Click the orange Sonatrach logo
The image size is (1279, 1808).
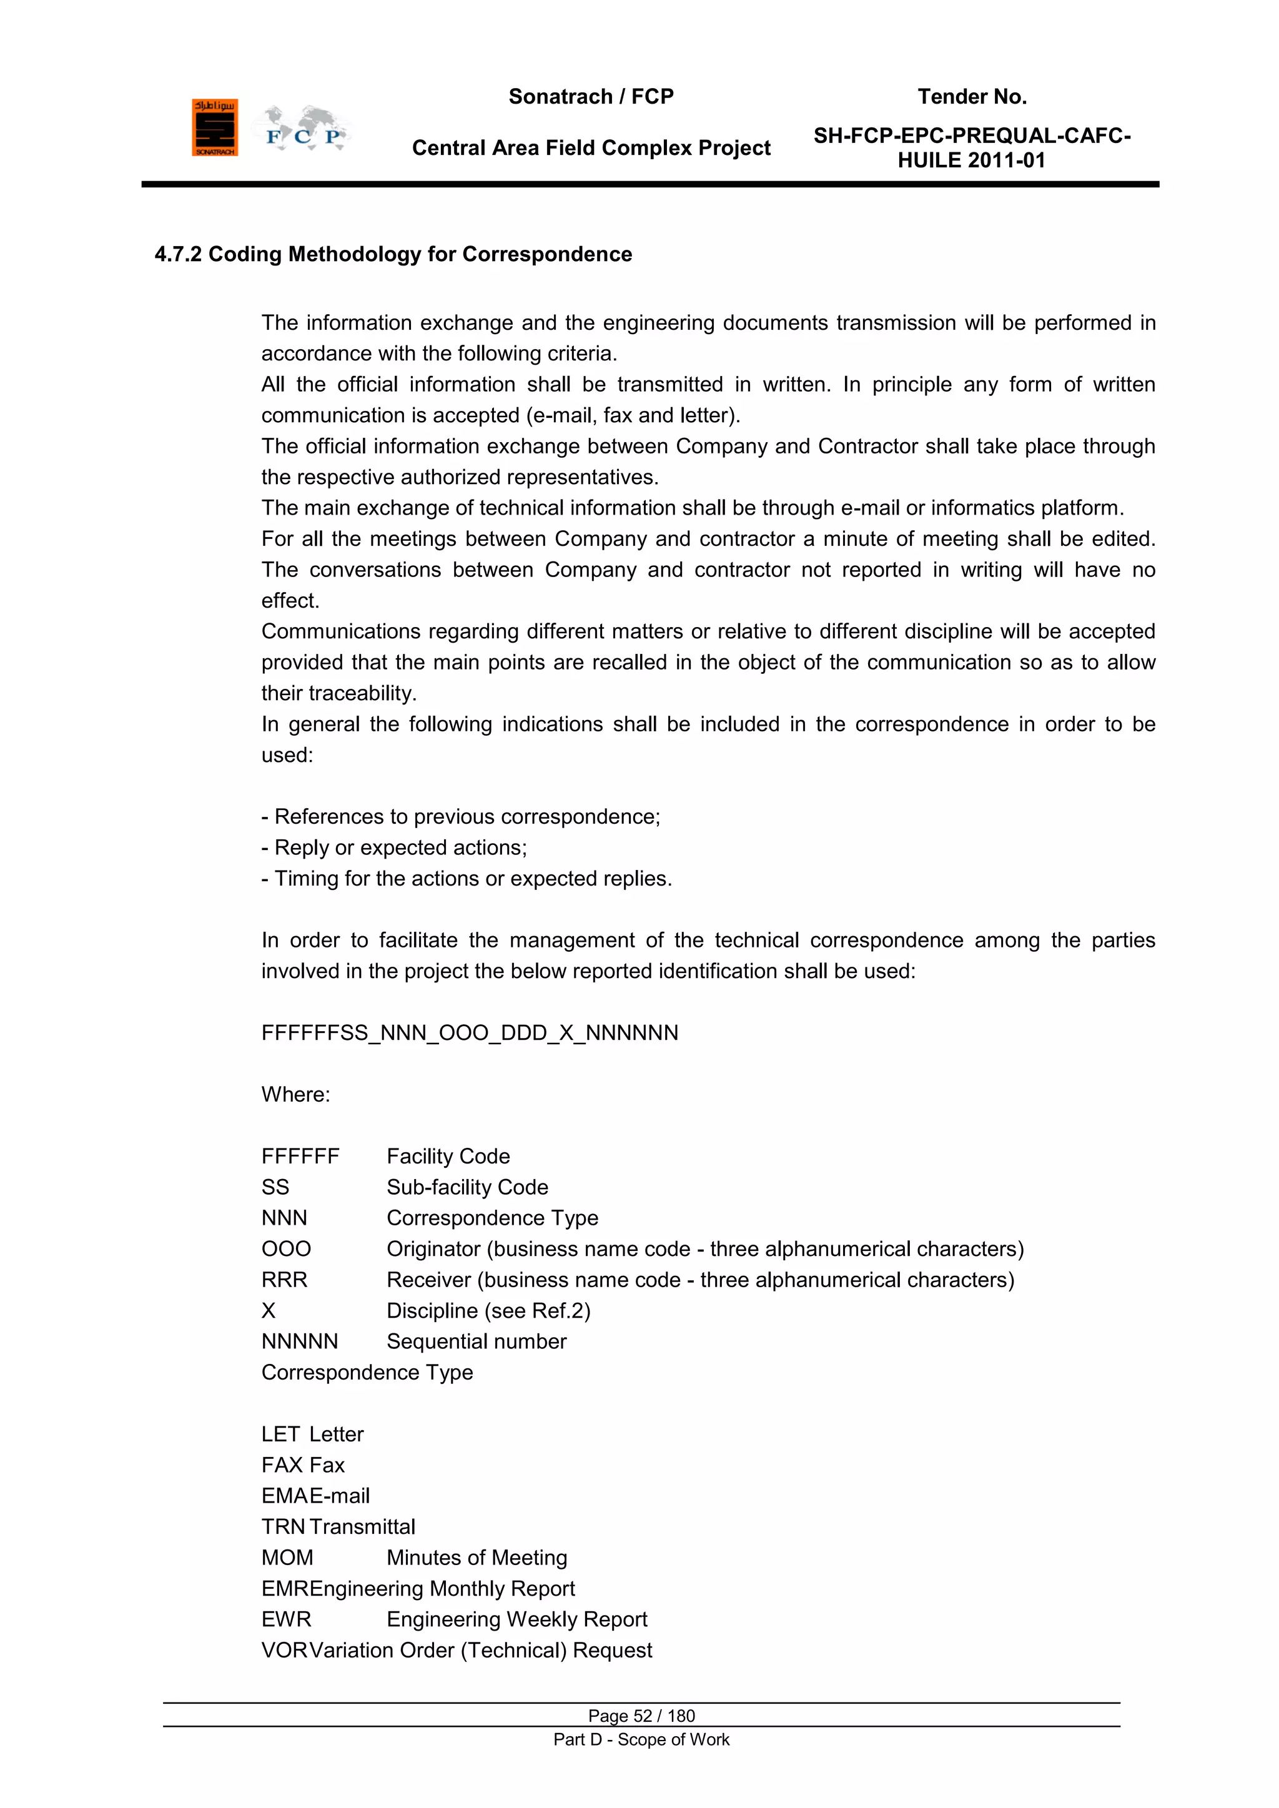tap(214, 127)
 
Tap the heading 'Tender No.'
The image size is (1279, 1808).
tap(971, 97)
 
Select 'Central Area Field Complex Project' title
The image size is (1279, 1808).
tap(591, 148)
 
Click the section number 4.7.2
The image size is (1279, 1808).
tap(178, 254)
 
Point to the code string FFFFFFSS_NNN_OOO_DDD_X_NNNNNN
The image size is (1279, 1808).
tap(470, 1032)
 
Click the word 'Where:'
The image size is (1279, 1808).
tap(295, 1095)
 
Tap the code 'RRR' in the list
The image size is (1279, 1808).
tap(284, 1280)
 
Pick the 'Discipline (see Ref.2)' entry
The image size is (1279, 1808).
tap(488, 1310)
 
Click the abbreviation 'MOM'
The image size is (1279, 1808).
tap(287, 1558)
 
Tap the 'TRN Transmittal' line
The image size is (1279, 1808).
tap(338, 1527)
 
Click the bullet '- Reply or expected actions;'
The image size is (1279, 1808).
tap(394, 847)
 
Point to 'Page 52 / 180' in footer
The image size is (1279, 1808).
tap(641, 1716)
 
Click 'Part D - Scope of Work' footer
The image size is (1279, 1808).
tap(641, 1739)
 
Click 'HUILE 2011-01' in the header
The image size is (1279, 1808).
tap(971, 161)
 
